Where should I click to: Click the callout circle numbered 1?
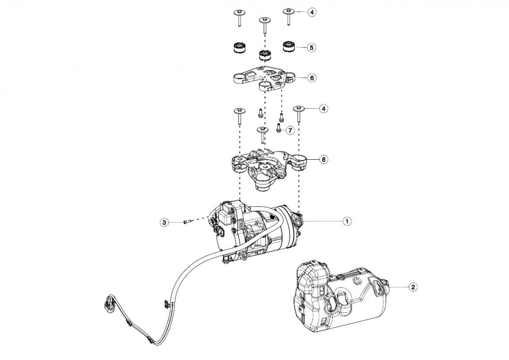pos(346,221)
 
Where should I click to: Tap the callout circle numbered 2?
pos(412,286)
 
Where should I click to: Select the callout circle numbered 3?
pos(164,222)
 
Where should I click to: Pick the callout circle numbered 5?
pos(312,47)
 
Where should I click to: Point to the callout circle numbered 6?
pos(312,78)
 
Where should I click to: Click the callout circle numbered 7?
pos(290,130)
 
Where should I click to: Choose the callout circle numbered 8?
pos(323,159)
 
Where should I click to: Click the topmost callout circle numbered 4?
pos(312,11)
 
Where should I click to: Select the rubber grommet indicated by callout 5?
pos(288,47)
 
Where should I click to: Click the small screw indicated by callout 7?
pos(278,129)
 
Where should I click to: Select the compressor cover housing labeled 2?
pos(339,295)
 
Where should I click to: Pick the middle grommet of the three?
pos(264,54)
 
